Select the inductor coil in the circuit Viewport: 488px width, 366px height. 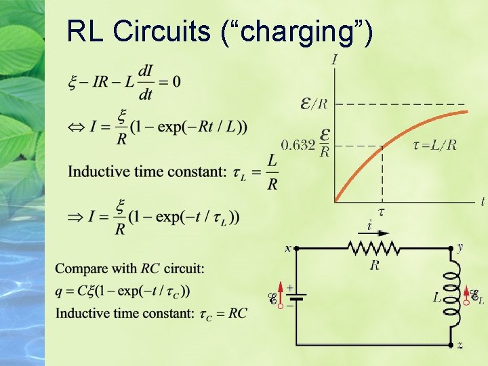451,293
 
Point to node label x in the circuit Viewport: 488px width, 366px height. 287,248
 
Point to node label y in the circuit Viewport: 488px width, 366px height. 460,247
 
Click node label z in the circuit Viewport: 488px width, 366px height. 460,345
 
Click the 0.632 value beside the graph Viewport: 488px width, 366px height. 298,144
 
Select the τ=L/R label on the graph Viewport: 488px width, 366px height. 434,144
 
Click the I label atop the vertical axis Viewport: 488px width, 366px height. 335,60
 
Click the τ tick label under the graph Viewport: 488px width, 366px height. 381,211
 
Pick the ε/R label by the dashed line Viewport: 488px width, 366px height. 314,104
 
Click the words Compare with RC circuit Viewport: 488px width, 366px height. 130,268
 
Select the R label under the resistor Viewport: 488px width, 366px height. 374,265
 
